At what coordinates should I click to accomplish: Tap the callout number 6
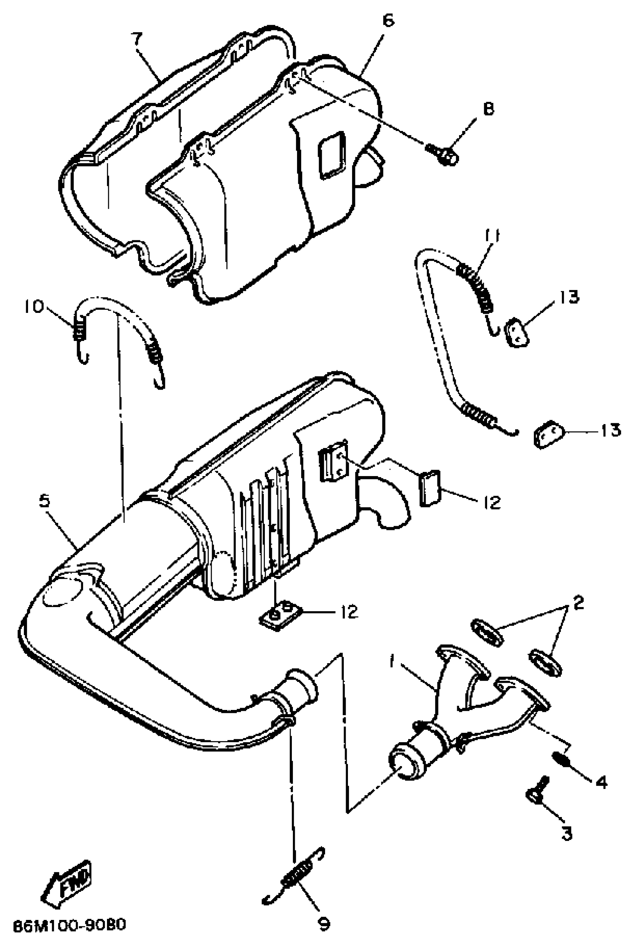pyautogui.click(x=388, y=20)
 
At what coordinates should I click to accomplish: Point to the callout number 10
pyautogui.click(x=33, y=307)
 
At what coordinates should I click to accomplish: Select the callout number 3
pyautogui.click(x=566, y=834)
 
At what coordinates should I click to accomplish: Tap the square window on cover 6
pyautogui.click(x=332, y=155)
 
